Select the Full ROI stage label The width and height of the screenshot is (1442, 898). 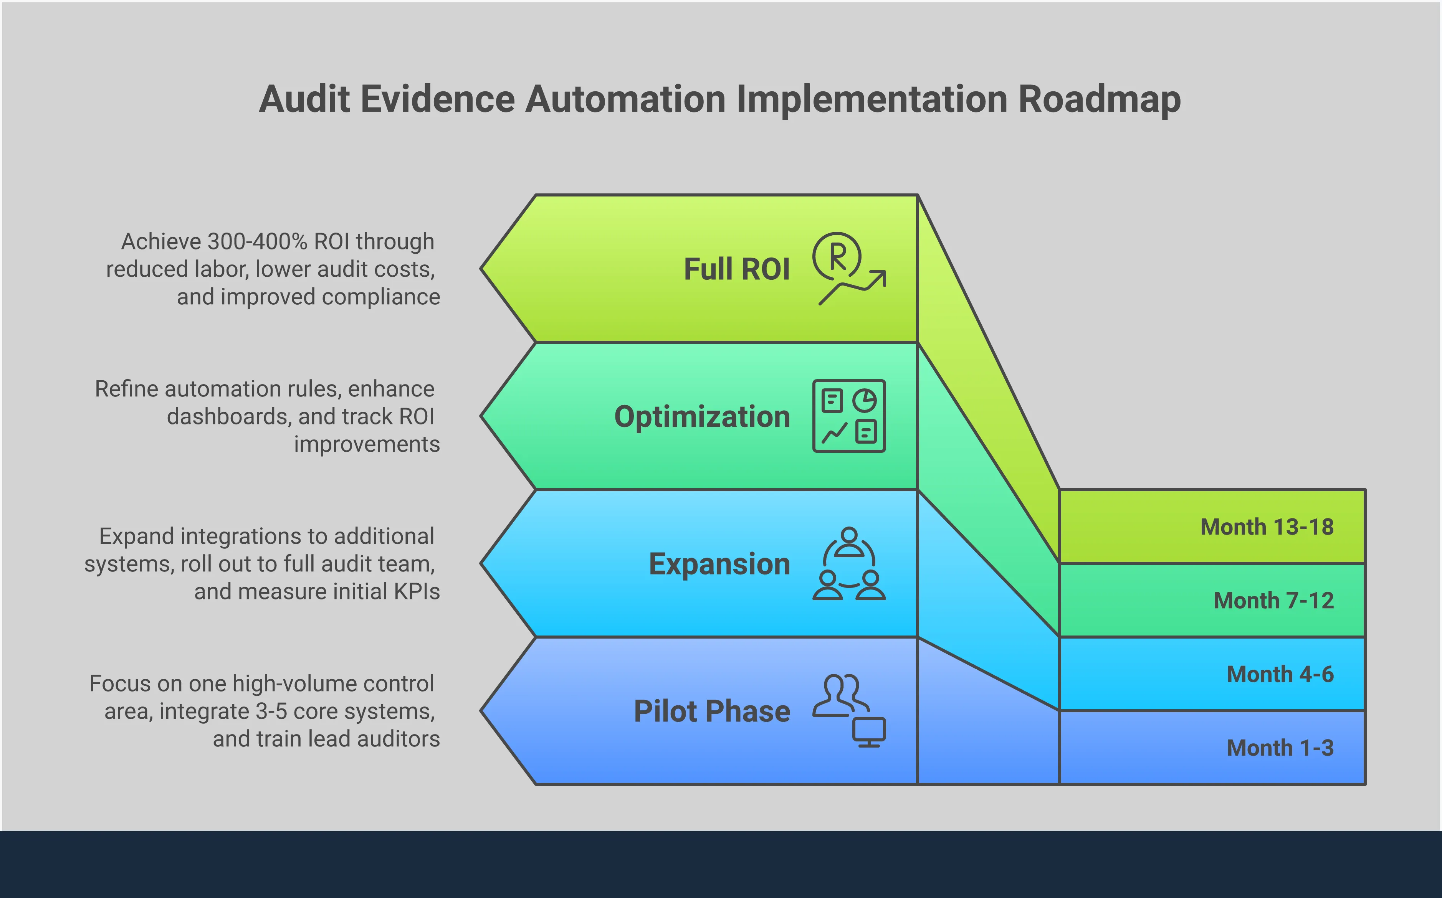point(737,269)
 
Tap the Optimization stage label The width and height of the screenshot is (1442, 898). point(702,416)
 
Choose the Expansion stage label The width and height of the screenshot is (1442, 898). point(719,564)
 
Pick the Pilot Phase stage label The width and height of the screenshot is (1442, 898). point(712,711)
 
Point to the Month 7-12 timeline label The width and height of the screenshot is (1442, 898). point(1273,601)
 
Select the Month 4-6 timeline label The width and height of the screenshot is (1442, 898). point(1280,674)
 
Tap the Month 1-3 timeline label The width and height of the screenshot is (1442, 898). point(1280,748)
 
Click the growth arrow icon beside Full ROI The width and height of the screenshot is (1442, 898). point(849,269)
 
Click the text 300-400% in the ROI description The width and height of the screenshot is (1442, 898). point(257,242)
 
